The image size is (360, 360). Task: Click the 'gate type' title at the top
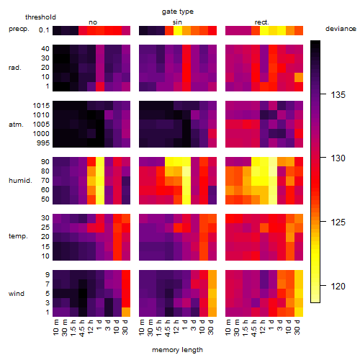tap(178, 12)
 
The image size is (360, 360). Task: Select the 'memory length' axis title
tap(177, 350)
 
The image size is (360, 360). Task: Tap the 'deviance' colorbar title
tap(341, 29)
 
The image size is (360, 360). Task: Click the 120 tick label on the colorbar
tap(338, 286)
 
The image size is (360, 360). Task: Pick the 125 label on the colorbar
tap(338, 222)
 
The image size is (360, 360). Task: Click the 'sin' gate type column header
tap(177, 22)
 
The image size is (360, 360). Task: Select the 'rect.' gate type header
tap(261, 22)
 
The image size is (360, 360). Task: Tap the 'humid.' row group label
tap(20, 180)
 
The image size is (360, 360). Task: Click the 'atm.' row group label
tap(16, 125)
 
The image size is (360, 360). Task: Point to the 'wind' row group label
tap(17, 294)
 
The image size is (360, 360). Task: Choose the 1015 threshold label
tap(41, 105)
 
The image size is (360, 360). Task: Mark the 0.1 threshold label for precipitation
tap(44, 30)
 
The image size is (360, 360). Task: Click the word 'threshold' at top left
tap(40, 17)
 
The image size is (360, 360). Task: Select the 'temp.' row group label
tap(18, 236)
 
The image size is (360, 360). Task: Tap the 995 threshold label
tap(43, 143)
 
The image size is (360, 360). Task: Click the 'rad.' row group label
tap(15, 68)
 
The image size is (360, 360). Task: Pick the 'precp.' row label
tap(19, 29)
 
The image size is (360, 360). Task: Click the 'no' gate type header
tap(93, 22)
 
